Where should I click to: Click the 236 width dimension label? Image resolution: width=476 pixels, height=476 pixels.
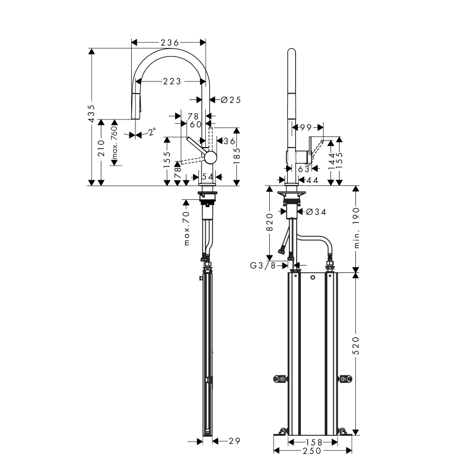(x=170, y=43)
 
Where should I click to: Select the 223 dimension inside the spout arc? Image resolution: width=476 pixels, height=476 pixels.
(x=172, y=81)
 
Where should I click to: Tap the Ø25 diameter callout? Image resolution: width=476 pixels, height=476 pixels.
(x=231, y=99)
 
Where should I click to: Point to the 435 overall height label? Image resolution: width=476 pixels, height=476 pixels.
(x=91, y=114)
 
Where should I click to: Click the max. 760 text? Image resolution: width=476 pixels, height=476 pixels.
(x=114, y=143)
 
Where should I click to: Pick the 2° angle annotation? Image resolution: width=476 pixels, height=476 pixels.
(x=152, y=132)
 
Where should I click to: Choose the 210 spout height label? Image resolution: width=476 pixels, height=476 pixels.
(x=101, y=148)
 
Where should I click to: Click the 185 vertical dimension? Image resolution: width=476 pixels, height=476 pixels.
(x=237, y=155)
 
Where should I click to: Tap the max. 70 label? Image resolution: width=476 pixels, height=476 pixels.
(x=186, y=228)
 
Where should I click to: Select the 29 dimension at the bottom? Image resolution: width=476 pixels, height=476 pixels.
(x=234, y=441)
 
